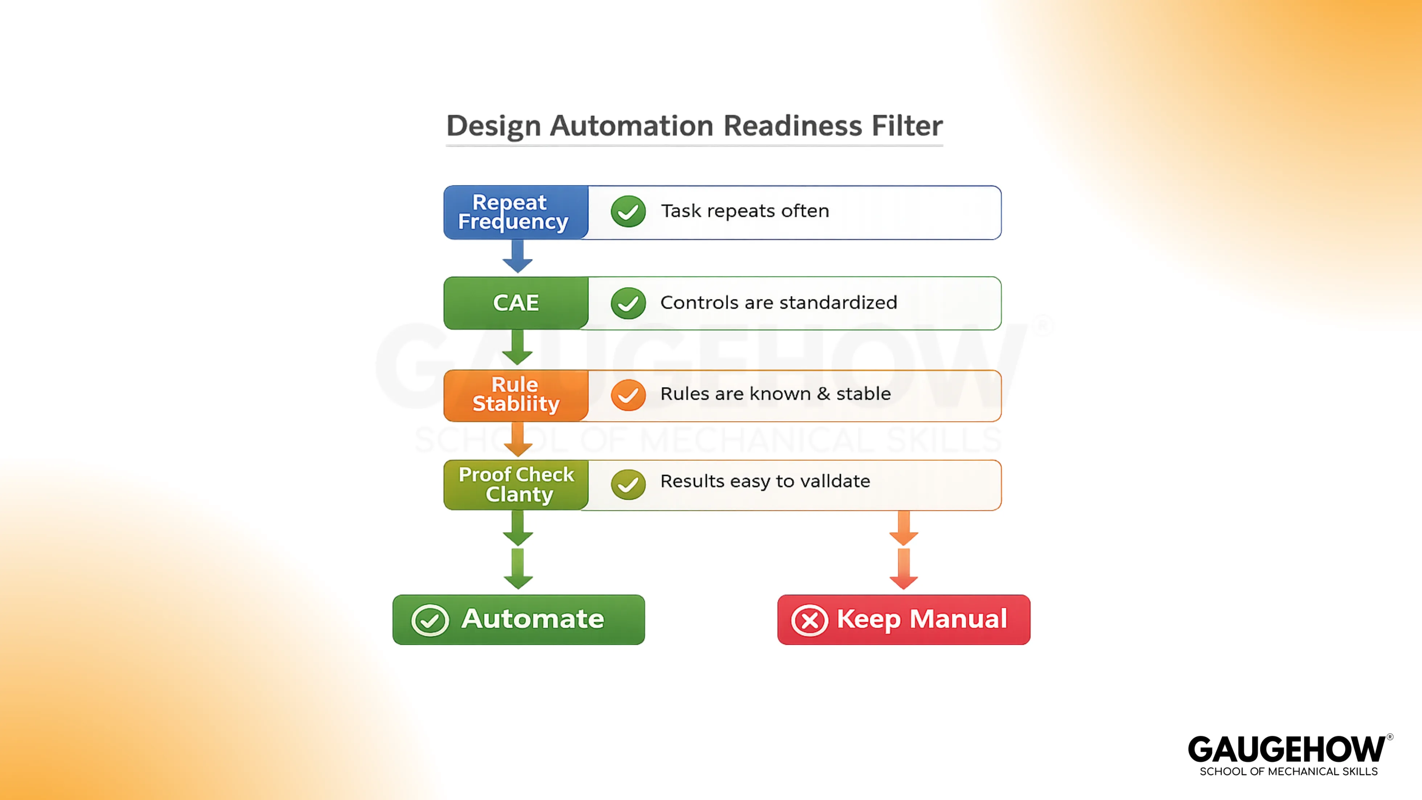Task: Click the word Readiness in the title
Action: point(793,126)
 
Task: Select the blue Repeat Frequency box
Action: point(515,212)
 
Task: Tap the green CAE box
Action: point(515,303)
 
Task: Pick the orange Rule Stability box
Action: point(515,394)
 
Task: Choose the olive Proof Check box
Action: point(515,484)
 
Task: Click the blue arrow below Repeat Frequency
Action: point(517,257)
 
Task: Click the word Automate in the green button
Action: point(533,619)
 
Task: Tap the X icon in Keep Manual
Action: point(809,620)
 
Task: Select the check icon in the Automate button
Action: point(430,620)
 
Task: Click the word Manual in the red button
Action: point(958,619)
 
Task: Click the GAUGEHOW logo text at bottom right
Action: point(1286,750)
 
